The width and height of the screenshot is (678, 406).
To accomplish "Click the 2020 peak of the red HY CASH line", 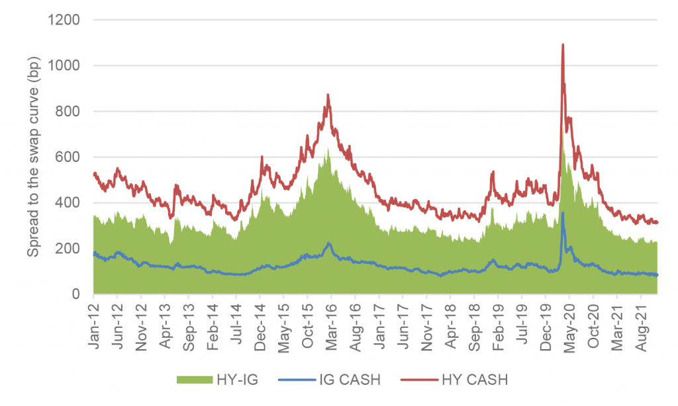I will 563,45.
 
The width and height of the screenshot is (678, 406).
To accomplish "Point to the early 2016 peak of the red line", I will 328,95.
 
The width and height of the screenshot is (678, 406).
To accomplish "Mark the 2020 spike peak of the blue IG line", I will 563,213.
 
